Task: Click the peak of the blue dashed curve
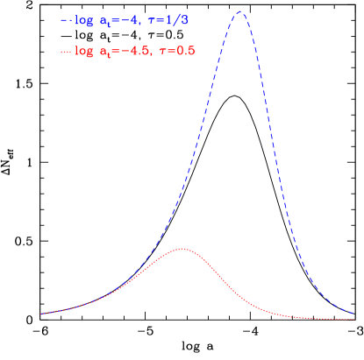tap(239, 11)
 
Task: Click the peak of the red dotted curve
tap(182, 249)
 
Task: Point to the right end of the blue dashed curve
tap(353, 312)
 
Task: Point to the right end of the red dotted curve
tap(353, 320)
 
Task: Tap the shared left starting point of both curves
tap(40, 314)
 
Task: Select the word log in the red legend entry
tap(85, 52)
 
